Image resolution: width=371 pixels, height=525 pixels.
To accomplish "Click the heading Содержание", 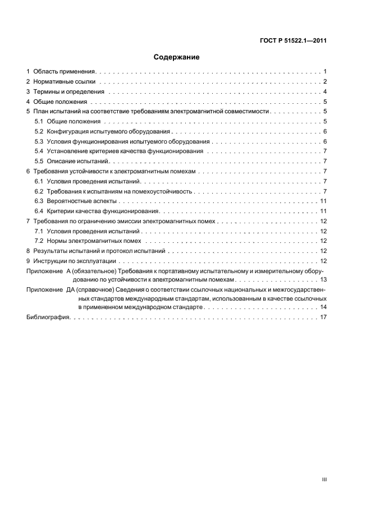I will pos(177,57).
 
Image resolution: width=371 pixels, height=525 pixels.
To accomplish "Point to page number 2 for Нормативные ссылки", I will pos(325,82).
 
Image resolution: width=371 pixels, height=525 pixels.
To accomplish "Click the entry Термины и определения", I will pos(69,92).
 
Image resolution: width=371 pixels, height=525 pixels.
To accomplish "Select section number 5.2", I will pos(39,131).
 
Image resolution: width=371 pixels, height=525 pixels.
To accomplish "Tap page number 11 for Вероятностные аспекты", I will pos(323,201).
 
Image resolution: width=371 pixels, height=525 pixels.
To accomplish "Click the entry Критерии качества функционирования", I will pos(104,211).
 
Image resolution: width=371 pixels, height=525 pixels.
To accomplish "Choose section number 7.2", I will pos(39,241).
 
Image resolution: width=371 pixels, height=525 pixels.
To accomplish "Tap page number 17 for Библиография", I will pos(323,317).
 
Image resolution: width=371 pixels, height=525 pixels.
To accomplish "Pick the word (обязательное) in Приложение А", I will pos(91,271).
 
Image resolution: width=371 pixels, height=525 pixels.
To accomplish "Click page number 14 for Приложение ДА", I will pos(323,307).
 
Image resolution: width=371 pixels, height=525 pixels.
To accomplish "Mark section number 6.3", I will pos(39,201).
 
